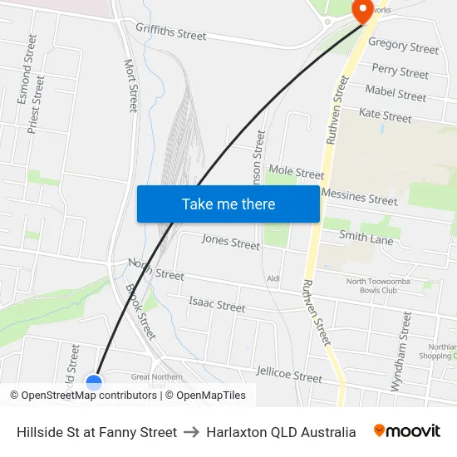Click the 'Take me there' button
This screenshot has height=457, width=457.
click(x=228, y=204)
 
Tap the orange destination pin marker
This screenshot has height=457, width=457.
click(x=363, y=10)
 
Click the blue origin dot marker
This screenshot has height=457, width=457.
click(x=94, y=382)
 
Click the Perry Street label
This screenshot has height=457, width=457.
click(x=400, y=71)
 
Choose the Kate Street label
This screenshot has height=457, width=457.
click(x=385, y=115)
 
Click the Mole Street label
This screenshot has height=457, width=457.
click(x=297, y=172)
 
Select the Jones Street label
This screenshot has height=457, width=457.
click(x=231, y=242)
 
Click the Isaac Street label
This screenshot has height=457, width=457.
click(x=217, y=304)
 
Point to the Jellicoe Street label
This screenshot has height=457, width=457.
click(x=289, y=375)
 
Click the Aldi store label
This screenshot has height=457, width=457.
click(x=273, y=278)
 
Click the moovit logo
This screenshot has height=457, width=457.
click(x=407, y=431)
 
